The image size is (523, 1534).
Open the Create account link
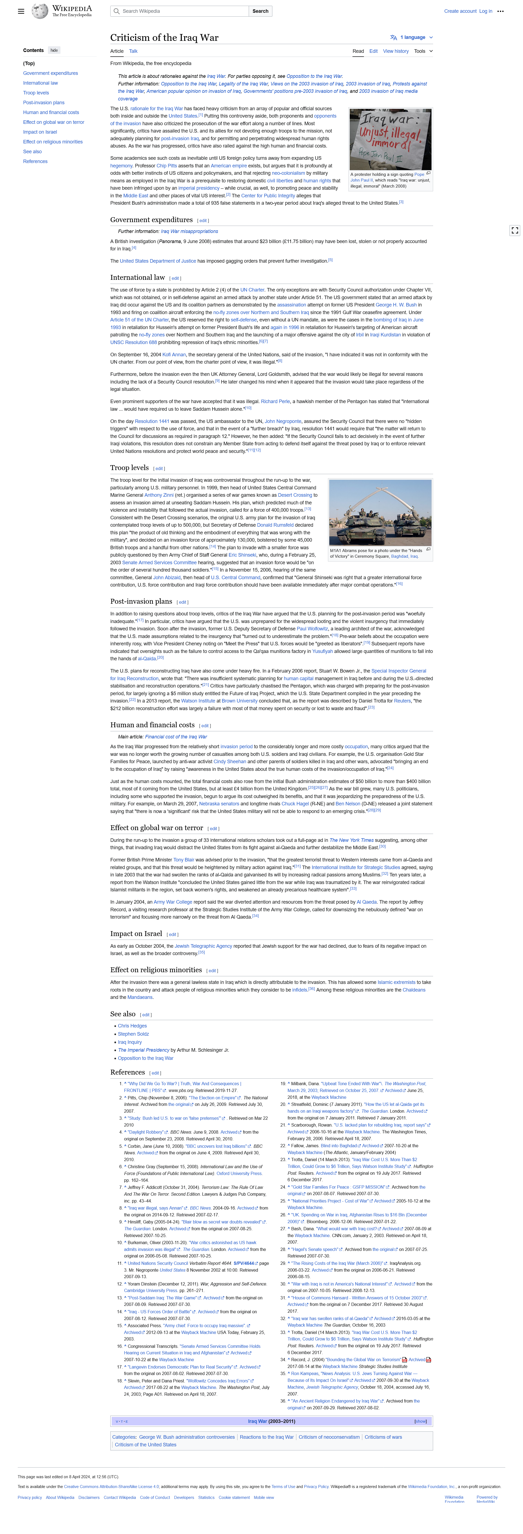pos(460,11)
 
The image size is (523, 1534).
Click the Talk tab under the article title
pos(133,51)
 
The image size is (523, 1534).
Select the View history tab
pos(396,51)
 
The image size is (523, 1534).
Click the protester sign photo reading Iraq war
pos(390,139)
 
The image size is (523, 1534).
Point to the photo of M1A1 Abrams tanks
pos(380,513)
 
